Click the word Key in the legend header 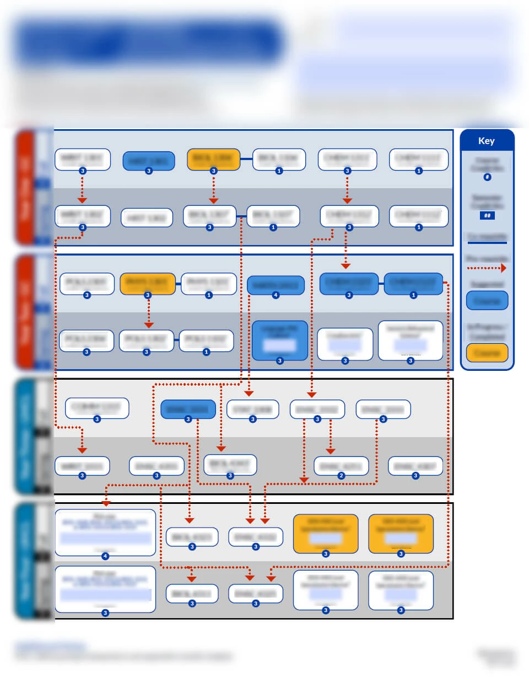click(x=486, y=141)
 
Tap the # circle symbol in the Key click(x=487, y=177)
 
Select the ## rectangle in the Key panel click(x=487, y=215)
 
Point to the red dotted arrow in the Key click(x=487, y=268)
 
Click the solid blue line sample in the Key click(x=487, y=242)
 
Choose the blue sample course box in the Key click(x=487, y=301)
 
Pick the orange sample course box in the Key click(x=487, y=352)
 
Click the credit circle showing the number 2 click(x=341, y=476)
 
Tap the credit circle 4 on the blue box click(x=276, y=295)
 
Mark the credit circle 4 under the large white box click(x=105, y=556)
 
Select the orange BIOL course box click(x=213, y=158)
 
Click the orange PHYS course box click(x=147, y=283)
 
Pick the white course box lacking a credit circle click(x=147, y=217)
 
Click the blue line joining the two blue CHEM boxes click(x=381, y=284)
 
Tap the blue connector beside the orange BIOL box click(x=246, y=159)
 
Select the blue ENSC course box click(x=188, y=409)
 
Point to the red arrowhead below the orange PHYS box click(x=148, y=325)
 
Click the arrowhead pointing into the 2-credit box click(x=331, y=451)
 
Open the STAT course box click(x=252, y=410)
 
